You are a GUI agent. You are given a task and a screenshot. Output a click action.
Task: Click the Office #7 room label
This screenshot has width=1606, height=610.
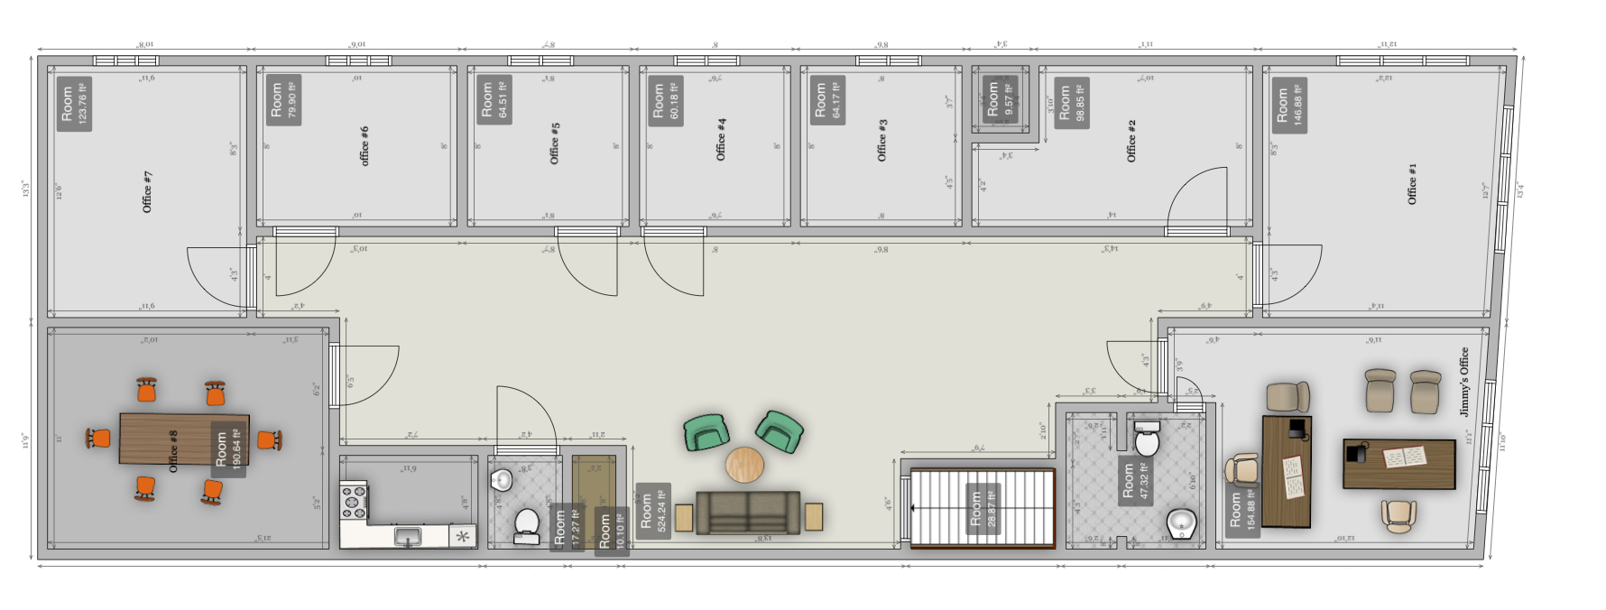coord(148,191)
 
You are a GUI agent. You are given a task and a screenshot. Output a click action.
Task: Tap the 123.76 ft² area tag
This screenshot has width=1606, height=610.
coord(75,105)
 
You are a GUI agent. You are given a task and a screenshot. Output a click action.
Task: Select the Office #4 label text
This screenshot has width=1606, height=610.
coord(721,139)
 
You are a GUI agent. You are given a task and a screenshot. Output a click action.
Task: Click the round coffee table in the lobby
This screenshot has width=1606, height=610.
coord(744,465)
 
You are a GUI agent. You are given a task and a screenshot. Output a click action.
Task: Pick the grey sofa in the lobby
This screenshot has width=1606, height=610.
coord(748,513)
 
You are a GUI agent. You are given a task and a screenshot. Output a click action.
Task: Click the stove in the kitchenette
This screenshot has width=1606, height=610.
coord(354,502)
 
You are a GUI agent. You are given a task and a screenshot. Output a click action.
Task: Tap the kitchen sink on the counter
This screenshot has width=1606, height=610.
coord(408,538)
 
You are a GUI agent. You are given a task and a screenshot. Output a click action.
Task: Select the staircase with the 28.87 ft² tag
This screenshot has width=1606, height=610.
coord(983,508)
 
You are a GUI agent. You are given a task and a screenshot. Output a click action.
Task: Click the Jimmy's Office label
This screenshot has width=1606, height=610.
coord(1463,381)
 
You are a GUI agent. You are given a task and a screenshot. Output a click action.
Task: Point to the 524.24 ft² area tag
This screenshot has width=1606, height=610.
coord(653,511)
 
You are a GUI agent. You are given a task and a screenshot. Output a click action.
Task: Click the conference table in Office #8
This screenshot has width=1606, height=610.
coord(171,439)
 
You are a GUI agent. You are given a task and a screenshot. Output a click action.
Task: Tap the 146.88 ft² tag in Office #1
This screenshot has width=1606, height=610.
coord(1290,105)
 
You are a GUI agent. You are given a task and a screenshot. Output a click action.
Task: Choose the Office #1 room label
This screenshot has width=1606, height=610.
coord(1412,183)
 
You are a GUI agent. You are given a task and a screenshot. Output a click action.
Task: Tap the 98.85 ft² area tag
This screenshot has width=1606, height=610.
coord(1072,103)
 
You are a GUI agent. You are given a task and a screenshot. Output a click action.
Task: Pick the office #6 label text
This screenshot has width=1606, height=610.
coord(365,145)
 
